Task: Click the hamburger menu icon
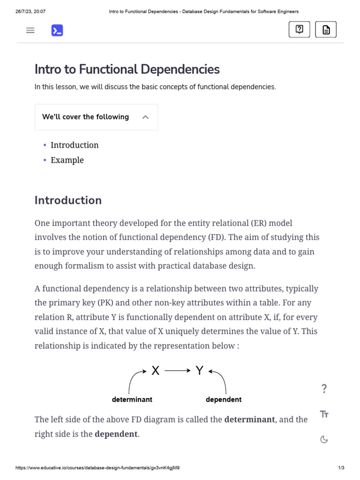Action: pyautogui.click(x=30, y=30)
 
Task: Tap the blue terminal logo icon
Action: pyautogui.click(x=57, y=30)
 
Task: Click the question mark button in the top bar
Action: pyautogui.click(x=300, y=30)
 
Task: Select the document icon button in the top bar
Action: pyautogui.click(x=326, y=30)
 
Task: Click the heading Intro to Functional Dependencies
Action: pyautogui.click(x=127, y=69)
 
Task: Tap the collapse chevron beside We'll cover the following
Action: pyautogui.click(x=145, y=117)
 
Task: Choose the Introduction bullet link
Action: pyautogui.click(x=75, y=145)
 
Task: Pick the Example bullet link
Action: pyautogui.click(x=67, y=160)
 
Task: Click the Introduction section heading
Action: pyautogui.click(x=68, y=200)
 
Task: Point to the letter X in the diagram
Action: pyautogui.click(x=156, y=371)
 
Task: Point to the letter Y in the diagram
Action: pyautogui.click(x=200, y=371)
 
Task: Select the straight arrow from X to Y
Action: pyautogui.click(x=178, y=371)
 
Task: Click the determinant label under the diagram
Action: pyautogui.click(x=132, y=399)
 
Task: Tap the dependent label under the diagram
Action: pyautogui.click(x=224, y=399)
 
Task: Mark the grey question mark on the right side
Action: pyautogui.click(x=324, y=388)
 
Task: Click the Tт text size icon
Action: pyautogui.click(x=324, y=414)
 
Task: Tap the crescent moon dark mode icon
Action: pyautogui.click(x=324, y=439)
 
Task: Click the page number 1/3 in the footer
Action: pyautogui.click(x=341, y=468)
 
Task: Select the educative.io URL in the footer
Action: pyautogui.click(x=97, y=468)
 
